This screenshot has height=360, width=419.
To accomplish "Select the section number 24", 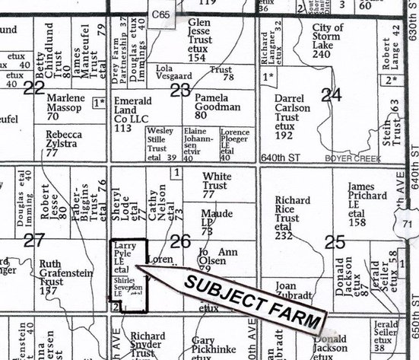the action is [331, 94].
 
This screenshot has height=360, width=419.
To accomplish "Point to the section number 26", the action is [179, 242].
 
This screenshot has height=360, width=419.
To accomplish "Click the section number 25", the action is [333, 243].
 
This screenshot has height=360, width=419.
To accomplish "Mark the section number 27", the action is [33, 241].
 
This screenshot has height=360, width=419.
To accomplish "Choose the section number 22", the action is [33, 89].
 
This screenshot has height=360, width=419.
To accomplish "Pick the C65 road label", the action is [160, 14].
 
